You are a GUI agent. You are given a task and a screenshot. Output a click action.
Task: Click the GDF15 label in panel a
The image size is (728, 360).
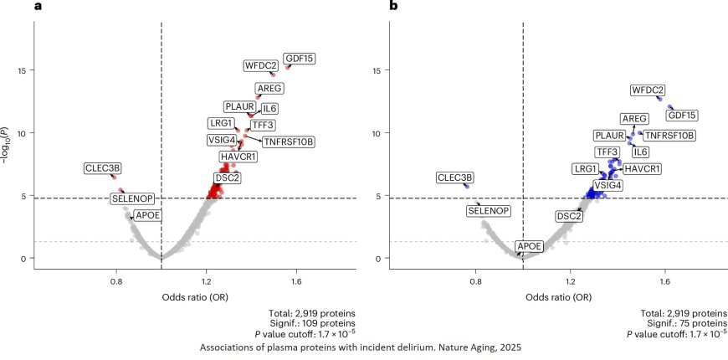[299, 59]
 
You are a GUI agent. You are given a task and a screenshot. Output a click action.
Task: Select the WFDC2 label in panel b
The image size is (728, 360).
[648, 90]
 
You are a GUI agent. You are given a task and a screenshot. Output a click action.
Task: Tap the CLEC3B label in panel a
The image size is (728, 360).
[103, 168]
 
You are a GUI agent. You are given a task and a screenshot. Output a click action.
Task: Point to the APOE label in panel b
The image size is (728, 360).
[529, 246]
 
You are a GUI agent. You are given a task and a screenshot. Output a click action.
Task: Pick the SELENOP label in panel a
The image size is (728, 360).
[133, 198]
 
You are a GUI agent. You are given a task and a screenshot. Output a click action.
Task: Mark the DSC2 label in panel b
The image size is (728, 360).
[569, 216]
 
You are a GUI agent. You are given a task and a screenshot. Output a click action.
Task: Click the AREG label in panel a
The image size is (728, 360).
[269, 89]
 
